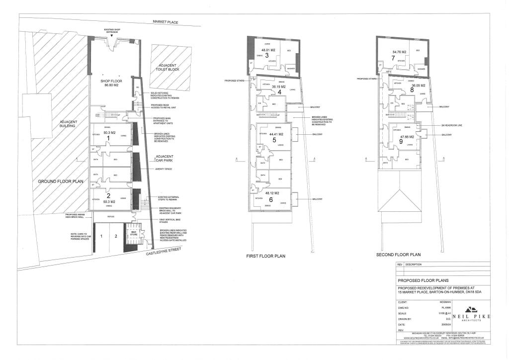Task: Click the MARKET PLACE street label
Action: (x=166, y=22)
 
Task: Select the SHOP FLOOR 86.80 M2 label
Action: (x=111, y=83)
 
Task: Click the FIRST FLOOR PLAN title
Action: (x=265, y=257)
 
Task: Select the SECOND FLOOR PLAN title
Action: (x=399, y=255)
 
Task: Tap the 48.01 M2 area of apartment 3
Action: (x=268, y=50)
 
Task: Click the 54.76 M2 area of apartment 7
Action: (x=399, y=52)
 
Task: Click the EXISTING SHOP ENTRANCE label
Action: (x=112, y=31)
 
